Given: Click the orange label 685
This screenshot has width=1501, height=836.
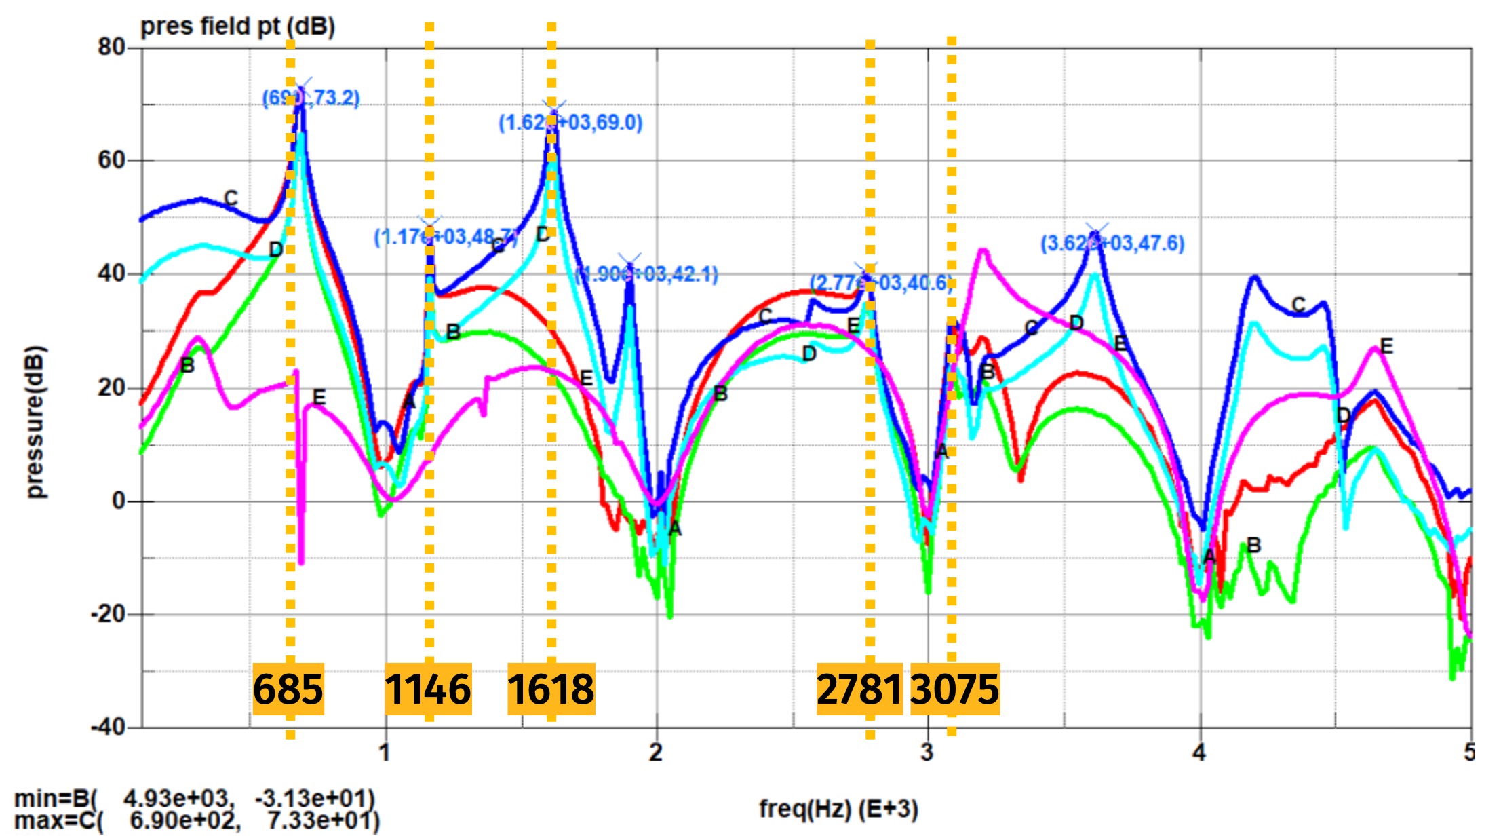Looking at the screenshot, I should click(288, 689).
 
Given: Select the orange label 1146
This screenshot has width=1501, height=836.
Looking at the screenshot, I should click(428, 689).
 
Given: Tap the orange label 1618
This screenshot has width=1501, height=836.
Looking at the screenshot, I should click(551, 689).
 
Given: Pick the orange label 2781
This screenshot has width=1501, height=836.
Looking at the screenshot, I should click(859, 689).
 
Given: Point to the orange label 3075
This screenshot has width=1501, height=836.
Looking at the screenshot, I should click(954, 689).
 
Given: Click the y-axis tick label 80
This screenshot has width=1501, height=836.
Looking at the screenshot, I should click(111, 47).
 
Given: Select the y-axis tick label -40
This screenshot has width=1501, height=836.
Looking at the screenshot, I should click(109, 727).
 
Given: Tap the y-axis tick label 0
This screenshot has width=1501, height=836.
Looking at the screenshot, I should click(119, 501).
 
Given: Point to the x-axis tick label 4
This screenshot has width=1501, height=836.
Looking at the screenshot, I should click(1199, 752).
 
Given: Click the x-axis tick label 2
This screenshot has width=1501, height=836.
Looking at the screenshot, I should click(655, 752).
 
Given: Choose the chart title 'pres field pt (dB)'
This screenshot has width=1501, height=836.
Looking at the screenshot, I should click(237, 27).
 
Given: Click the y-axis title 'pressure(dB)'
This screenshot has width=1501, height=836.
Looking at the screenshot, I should click(35, 421).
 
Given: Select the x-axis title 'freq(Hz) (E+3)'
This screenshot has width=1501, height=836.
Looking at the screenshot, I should click(838, 809).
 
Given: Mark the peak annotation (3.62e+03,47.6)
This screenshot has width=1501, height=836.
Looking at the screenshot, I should click(1112, 244).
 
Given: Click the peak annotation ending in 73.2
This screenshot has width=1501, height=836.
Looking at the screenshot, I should click(311, 98).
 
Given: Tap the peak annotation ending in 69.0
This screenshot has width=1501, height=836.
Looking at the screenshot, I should click(570, 123).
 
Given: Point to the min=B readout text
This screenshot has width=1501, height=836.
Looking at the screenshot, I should click(194, 798).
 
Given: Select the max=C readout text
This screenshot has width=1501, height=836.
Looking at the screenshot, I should click(197, 820).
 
